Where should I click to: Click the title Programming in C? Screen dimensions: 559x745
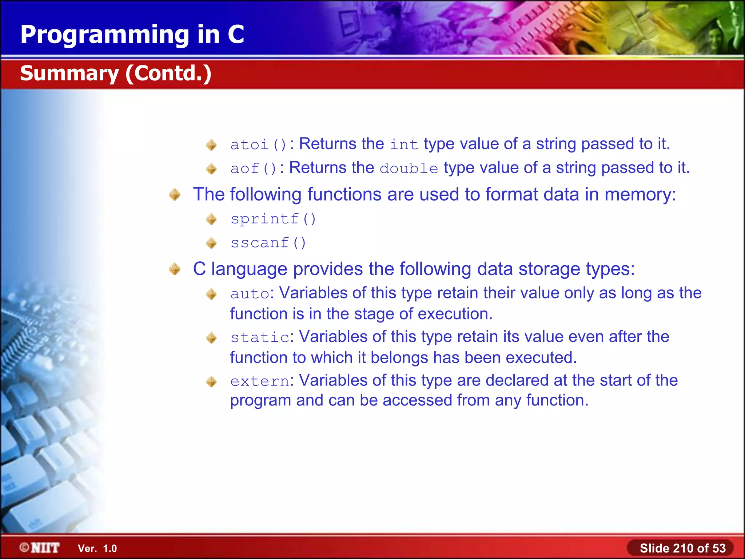[x=132, y=35]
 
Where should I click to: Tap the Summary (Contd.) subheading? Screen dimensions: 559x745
[x=115, y=73]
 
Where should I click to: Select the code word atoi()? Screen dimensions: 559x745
[x=259, y=144]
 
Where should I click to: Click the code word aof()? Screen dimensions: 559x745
[x=254, y=169]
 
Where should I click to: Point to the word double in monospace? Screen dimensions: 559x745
[x=409, y=169]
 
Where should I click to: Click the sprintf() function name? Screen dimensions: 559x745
[x=273, y=219]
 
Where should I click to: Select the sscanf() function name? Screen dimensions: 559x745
[x=268, y=243]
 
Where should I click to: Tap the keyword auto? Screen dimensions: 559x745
[x=250, y=294]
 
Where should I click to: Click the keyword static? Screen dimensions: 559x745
[x=260, y=337]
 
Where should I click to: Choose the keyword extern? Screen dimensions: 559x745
[x=260, y=381]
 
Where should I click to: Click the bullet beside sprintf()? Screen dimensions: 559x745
[x=211, y=219]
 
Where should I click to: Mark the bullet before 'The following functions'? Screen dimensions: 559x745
[x=175, y=194]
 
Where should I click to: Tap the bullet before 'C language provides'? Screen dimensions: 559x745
[x=175, y=269]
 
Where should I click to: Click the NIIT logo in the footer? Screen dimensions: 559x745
[x=40, y=548]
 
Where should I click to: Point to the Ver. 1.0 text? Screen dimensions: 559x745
[x=97, y=548]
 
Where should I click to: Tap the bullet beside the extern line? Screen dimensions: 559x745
[x=211, y=381]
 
